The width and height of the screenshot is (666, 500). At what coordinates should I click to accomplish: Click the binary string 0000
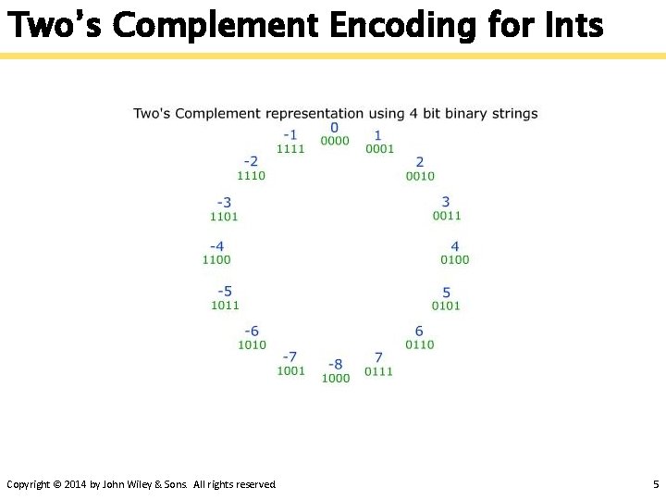pyautogui.click(x=335, y=141)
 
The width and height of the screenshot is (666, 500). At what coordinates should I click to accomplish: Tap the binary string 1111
pyautogui.click(x=290, y=149)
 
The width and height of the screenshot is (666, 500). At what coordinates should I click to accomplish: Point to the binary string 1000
pyautogui.click(x=336, y=378)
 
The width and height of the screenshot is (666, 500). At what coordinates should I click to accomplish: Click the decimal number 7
pyautogui.click(x=378, y=357)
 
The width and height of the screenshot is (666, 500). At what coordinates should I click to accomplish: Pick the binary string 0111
pyautogui.click(x=378, y=371)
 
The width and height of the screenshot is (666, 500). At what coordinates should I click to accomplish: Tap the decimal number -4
pyautogui.click(x=216, y=246)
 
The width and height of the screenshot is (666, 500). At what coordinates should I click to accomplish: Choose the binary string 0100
pyautogui.click(x=455, y=260)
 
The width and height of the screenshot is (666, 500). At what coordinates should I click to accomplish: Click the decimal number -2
pyautogui.click(x=251, y=161)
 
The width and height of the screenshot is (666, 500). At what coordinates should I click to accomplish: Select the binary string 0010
pyautogui.click(x=420, y=176)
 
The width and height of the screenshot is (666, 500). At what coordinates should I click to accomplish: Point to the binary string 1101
pyautogui.click(x=224, y=217)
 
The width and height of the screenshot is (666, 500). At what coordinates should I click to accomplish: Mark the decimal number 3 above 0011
pyautogui.click(x=446, y=202)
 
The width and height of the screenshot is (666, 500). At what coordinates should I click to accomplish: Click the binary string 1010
pyautogui.click(x=252, y=344)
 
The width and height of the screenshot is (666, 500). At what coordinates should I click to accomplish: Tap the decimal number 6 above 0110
pyautogui.click(x=419, y=331)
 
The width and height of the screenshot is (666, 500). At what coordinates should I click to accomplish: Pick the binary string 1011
pyautogui.click(x=225, y=305)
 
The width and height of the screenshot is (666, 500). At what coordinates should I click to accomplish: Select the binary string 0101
pyautogui.click(x=446, y=306)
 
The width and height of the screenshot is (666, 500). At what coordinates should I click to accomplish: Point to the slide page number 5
pyautogui.click(x=655, y=484)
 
